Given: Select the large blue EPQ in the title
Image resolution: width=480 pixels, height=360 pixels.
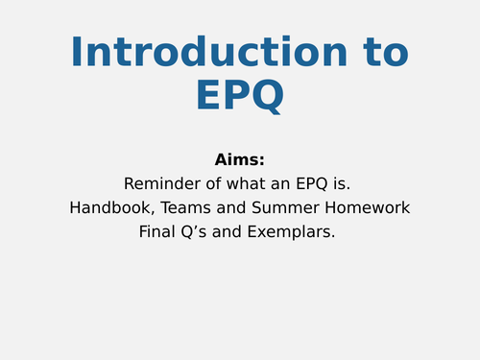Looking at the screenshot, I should tap(240, 96).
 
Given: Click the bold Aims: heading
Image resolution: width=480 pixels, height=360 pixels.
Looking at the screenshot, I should tap(240, 159).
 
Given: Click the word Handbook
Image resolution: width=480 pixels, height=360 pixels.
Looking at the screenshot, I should tap(108, 207).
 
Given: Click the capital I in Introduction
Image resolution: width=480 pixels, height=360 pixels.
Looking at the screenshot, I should tap(77, 52).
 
